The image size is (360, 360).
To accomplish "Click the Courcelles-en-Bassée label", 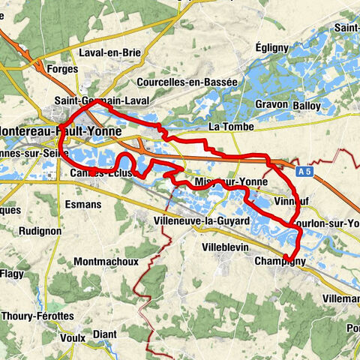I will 187,82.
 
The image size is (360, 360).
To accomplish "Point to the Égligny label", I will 272,47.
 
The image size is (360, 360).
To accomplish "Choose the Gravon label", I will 271,103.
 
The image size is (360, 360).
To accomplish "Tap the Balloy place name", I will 307,103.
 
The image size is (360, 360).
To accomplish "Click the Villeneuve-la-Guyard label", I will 197,221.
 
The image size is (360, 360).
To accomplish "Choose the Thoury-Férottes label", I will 37,316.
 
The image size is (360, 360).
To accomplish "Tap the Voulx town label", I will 72,337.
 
